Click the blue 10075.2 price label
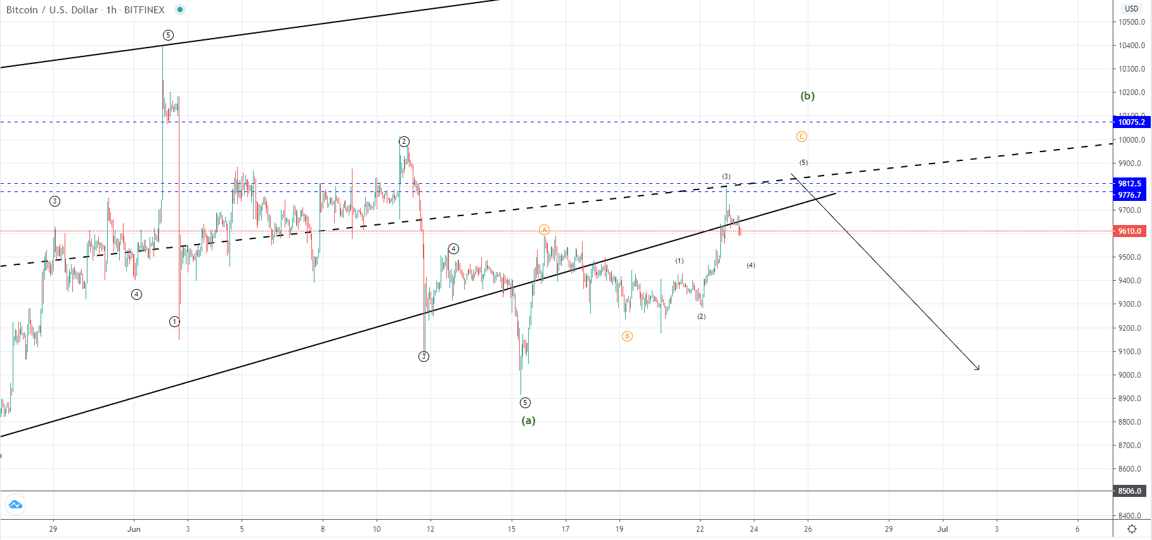pos(1131,122)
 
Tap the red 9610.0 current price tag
pos(1130,231)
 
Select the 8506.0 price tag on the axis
pos(1130,491)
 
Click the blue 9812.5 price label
pos(1130,184)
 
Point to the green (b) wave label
pos(807,96)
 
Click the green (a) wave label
pos(528,420)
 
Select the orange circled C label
pos(801,137)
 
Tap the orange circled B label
pos(627,337)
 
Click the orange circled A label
pos(544,229)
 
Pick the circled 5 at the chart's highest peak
pos(168,35)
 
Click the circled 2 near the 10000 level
pos(404,141)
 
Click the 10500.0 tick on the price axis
pos(1132,22)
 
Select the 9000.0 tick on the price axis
pos(1132,375)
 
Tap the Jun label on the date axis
pos(134,529)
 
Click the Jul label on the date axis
pos(943,529)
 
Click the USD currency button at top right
pos(1132,9)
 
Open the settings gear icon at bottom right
pos(1132,529)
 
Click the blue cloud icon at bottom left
pos(15,505)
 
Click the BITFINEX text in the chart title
pos(145,10)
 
